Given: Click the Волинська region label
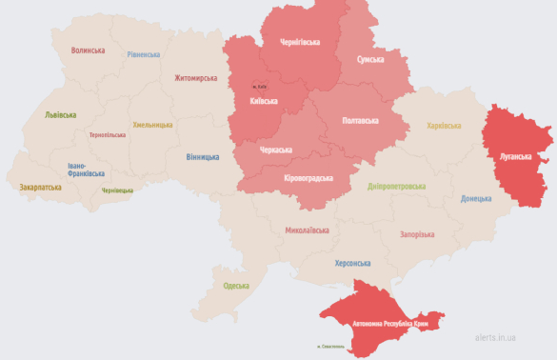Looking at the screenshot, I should (x=88, y=50).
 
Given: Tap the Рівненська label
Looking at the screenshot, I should (x=144, y=54).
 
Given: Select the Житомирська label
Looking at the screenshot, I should (x=195, y=78).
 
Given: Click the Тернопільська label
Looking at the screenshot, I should (x=108, y=135).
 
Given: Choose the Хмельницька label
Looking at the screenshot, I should (x=152, y=124).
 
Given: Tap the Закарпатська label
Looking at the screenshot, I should (x=40, y=188).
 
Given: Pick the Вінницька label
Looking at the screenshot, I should (x=202, y=156).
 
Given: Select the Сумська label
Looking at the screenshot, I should (x=370, y=59).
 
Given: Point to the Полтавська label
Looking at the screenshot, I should (x=359, y=120).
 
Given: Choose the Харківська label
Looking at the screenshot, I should (x=444, y=125).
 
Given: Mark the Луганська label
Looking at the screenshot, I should (x=520, y=153).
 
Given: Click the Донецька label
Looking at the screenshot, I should (x=476, y=198).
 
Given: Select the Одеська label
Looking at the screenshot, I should (x=236, y=286).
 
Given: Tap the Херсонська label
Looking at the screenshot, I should (x=353, y=263).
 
